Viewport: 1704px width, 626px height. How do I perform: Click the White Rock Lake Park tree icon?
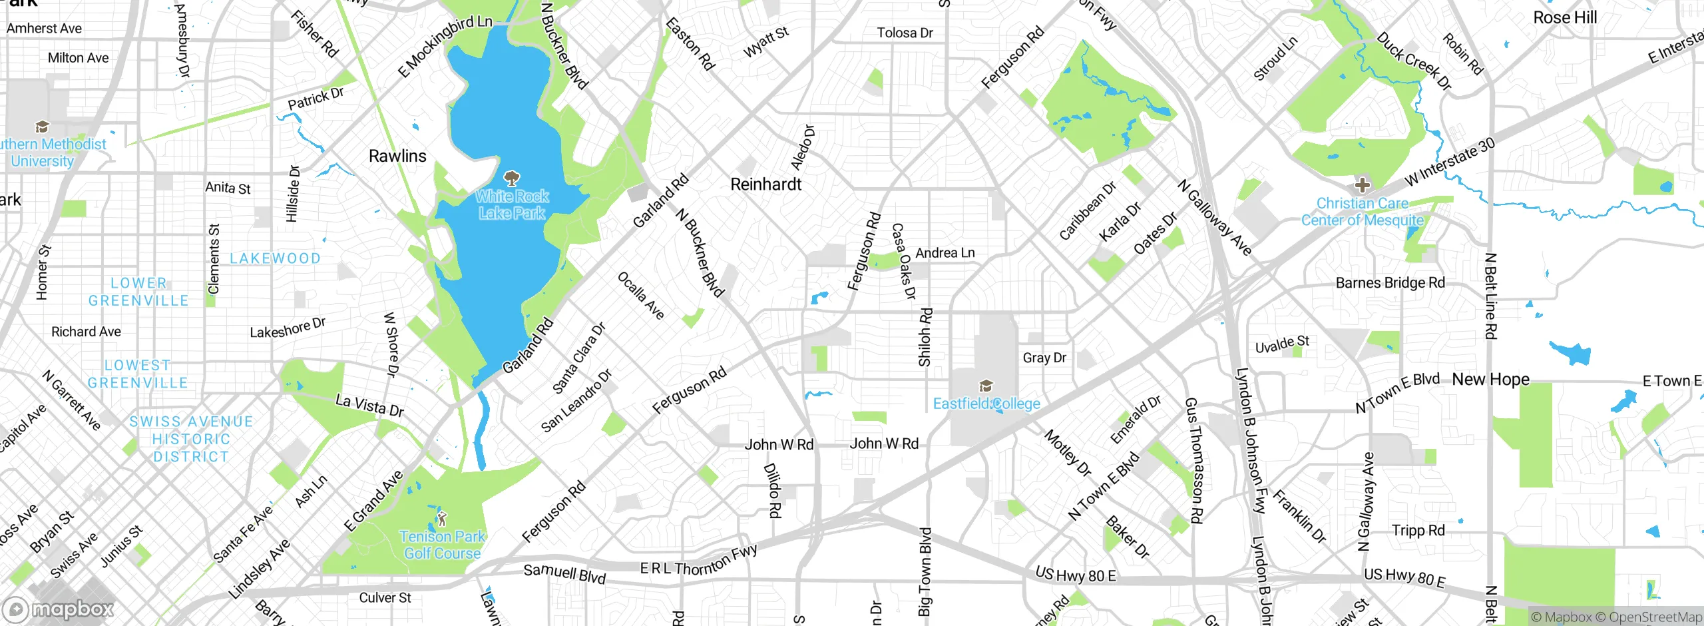[x=511, y=178]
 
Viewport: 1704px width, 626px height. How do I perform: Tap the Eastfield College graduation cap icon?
[x=986, y=386]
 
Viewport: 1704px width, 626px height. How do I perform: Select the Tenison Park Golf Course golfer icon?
[x=442, y=517]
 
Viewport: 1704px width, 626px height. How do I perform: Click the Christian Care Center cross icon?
[x=1362, y=185]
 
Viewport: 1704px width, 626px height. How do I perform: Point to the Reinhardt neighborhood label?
[x=765, y=184]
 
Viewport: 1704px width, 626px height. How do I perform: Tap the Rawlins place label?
[x=397, y=156]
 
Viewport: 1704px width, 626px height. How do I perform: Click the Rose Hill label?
[x=1565, y=18]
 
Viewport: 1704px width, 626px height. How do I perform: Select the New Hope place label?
[x=1490, y=380]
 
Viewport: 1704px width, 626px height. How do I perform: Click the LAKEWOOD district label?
[x=275, y=258]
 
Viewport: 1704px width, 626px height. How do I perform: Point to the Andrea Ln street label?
[x=945, y=253]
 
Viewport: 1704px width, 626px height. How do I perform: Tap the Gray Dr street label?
[x=1044, y=358]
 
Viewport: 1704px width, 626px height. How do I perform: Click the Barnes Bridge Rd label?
[x=1390, y=283]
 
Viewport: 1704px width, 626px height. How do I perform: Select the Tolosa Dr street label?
[x=905, y=33]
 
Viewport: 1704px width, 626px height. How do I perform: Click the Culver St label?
[x=385, y=598]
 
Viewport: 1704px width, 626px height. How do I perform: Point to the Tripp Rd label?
[x=1418, y=531]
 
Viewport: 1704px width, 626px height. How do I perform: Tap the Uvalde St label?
[x=1281, y=345]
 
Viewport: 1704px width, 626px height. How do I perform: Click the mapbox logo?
[x=59, y=609]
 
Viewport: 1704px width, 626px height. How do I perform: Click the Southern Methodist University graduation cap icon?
[x=42, y=127]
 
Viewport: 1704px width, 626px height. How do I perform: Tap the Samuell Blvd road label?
[x=564, y=573]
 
